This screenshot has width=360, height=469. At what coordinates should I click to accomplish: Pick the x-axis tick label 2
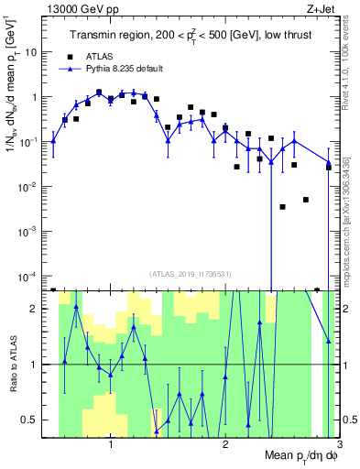(x=225, y=446)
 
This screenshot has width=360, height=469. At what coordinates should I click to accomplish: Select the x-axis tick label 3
(x=339, y=446)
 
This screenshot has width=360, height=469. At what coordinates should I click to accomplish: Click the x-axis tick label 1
(x=111, y=446)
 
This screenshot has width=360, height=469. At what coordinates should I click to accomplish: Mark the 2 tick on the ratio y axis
(x=38, y=309)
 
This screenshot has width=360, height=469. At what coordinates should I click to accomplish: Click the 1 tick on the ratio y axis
(x=38, y=365)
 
